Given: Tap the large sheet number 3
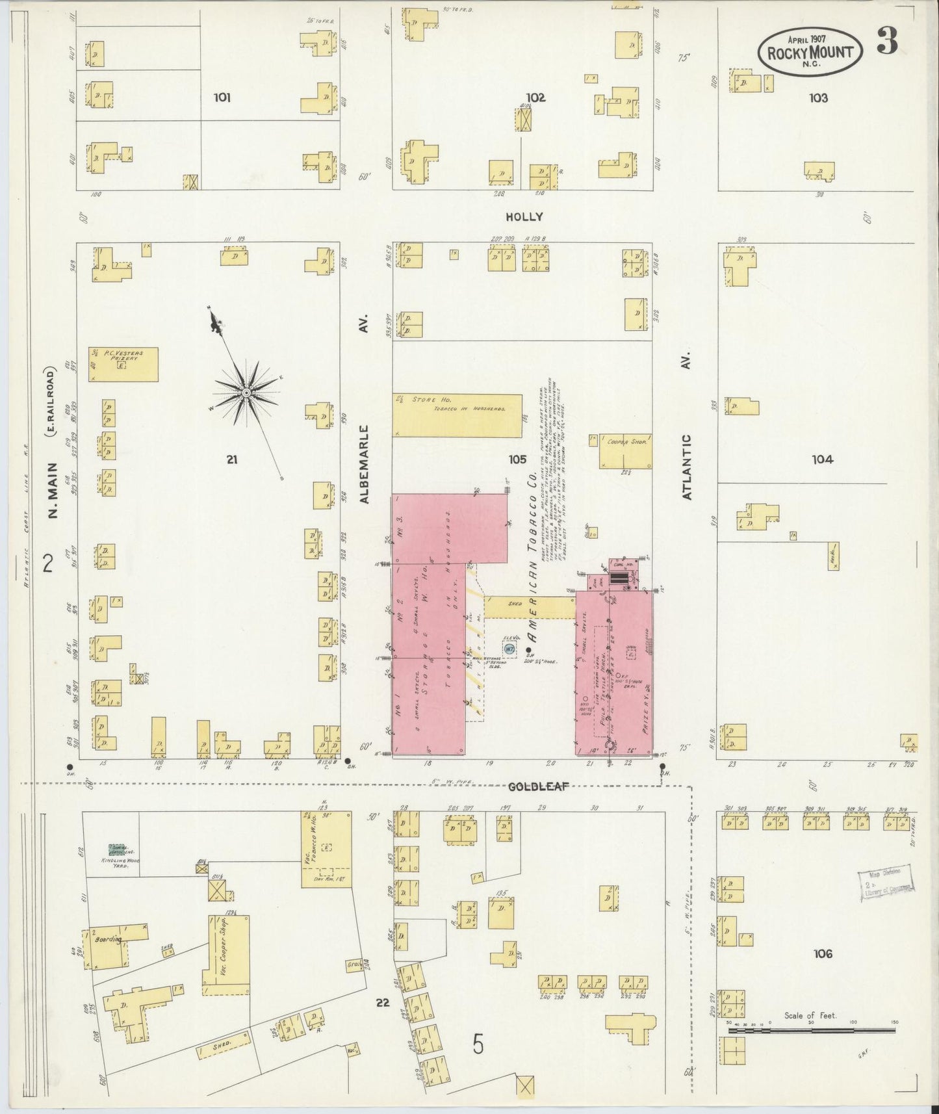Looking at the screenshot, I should pyautogui.click(x=887, y=41).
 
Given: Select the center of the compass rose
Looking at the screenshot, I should pyautogui.click(x=247, y=394).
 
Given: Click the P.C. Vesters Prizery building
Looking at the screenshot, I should pyautogui.click(x=123, y=364).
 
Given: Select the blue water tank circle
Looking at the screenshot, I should pyautogui.click(x=510, y=649).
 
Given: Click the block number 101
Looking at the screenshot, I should pyautogui.click(x=222, y=98).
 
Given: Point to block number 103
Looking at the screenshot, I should pyautogui.click(x=818, y=98).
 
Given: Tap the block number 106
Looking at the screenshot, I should pyautogui.click(x=822, y=954).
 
